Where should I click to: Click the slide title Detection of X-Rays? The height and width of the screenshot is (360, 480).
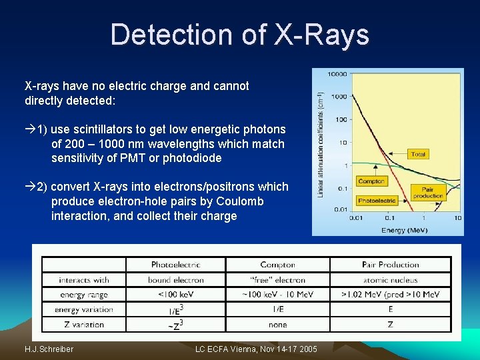[x=239, y=34]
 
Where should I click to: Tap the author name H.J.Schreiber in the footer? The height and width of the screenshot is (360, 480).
[x=49, y=349]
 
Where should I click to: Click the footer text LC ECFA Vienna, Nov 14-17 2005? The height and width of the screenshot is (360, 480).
[x=257, y=349]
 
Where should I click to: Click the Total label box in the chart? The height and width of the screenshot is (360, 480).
[x=418, y=154]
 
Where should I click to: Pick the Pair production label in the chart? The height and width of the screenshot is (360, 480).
[x=428, y=193]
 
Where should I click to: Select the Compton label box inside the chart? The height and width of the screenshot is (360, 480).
[x=371, y=181]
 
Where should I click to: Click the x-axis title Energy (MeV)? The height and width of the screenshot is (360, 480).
[x=403, y=230]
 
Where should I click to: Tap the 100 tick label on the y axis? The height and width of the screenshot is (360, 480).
[x=341, y=119]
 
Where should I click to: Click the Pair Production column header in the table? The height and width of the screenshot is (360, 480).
[x=390, y=265]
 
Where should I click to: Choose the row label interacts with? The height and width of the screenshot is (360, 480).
[x=84, y=280]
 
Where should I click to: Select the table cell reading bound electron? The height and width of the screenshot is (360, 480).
[x=176, y=280]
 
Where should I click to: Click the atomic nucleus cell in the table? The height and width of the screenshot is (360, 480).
[x=390, y=280]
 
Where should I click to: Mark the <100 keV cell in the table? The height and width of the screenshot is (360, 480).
[x=176, y=295]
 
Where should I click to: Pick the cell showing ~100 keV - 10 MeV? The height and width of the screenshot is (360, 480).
[x=278, y=295]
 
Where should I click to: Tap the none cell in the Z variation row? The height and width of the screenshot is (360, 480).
[x=278, y=325]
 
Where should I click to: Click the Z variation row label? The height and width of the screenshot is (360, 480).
[x=84, y=325]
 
